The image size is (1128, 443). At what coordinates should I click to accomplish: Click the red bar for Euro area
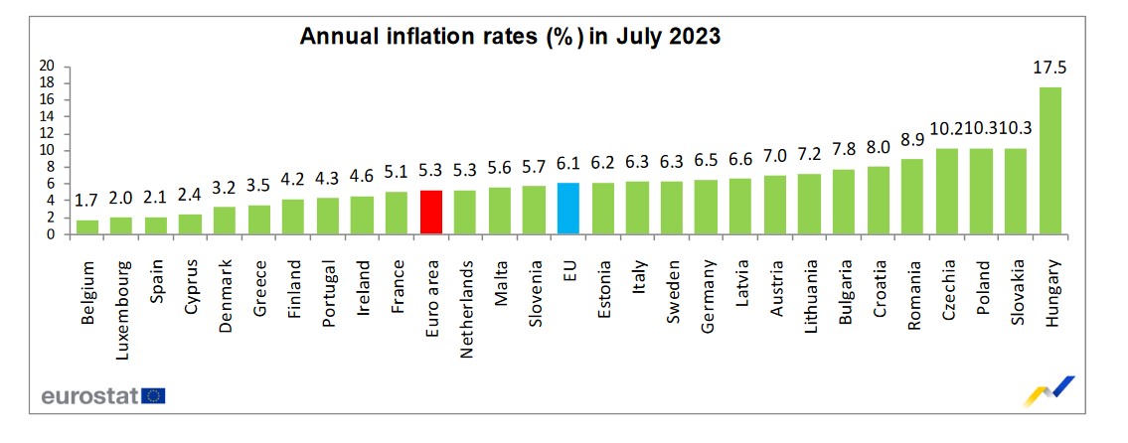430,212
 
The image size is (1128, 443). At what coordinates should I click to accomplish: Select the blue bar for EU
567,209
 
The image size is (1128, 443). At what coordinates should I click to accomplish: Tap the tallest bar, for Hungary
1049,161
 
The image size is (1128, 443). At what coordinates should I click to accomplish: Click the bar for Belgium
88,226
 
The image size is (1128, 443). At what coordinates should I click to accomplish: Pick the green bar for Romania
912,197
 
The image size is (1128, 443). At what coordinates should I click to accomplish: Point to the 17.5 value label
1049,69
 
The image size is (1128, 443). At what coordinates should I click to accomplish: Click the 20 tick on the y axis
46,67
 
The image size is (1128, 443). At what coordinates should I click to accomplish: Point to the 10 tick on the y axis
46,151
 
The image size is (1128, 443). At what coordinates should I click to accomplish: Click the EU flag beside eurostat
154,396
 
